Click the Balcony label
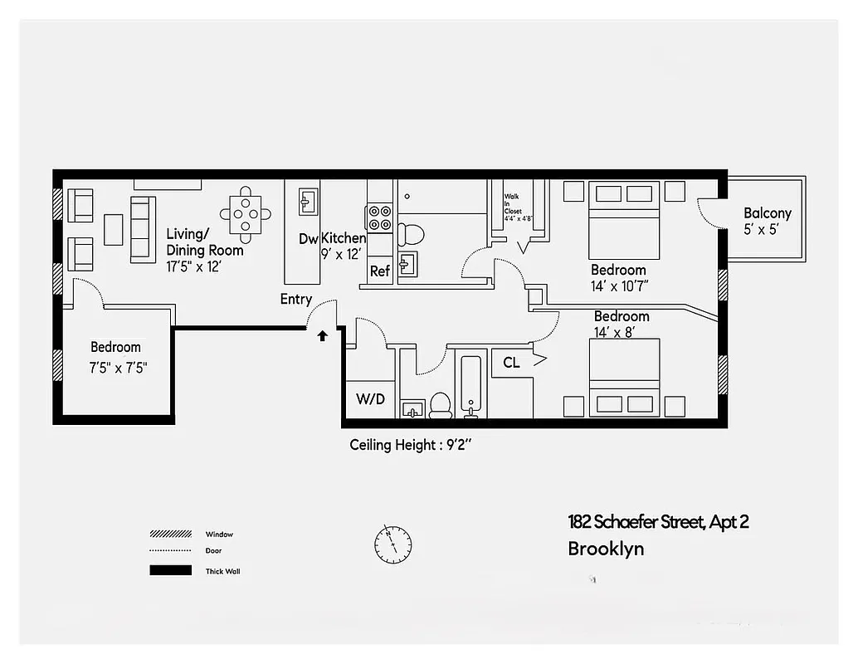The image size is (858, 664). click(x=767, y=213)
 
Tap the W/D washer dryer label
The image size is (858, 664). click(x=370, y=399)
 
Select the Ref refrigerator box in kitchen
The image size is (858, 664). click(x=380, y=271)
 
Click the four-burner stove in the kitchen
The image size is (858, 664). click(x=380, y=217)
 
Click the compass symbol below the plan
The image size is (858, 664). click(x=392, y=543)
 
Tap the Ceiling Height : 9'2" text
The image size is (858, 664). click(x=411, y=445)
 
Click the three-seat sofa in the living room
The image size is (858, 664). click(x=143, y=229)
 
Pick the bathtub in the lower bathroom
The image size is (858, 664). click(x=470, y=386)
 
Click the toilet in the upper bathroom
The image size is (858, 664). click(x=410, y=233)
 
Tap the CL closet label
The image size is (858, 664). click(x=512, y=362)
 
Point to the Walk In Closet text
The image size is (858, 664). click(x=513, y=207)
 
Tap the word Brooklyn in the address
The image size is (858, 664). click(x=606, y=549)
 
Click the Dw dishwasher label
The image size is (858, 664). click(x=309, y=239)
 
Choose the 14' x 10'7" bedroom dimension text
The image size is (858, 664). click(x=618, y=286)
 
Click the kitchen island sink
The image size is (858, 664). click(x=308, y=200)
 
